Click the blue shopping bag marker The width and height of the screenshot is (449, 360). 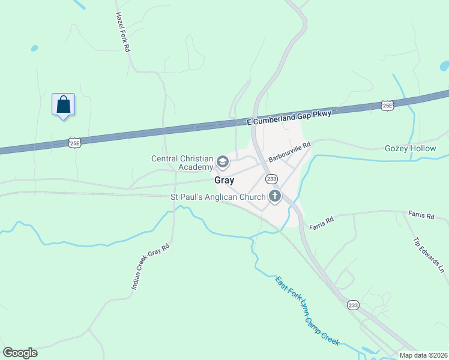63,105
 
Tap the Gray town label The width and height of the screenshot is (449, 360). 224,180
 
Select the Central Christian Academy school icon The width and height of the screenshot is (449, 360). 222,161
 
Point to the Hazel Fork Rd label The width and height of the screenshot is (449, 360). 123,32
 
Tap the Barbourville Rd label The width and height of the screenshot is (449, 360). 289,152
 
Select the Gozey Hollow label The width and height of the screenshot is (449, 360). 410,148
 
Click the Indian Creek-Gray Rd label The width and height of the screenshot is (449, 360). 151,267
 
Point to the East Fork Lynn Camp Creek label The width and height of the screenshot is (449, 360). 307,311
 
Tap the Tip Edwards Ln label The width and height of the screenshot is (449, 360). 429,255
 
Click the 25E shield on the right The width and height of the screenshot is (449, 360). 387,106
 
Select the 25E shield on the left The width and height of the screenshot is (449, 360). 74,143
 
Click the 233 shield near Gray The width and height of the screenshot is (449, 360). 271,179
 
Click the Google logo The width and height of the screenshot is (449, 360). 20,353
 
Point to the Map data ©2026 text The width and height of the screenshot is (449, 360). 424,355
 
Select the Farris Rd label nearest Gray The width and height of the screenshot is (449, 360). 321,223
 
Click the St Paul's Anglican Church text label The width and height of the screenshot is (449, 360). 218,197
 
